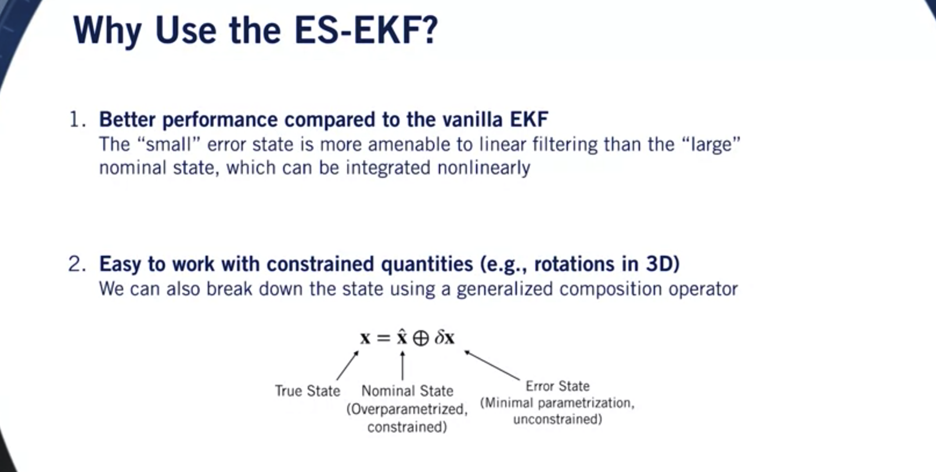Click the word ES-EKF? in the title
click(366, 30)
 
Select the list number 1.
click(76, 120)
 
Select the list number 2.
click(76, 264)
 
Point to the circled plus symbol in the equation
click(421, 338)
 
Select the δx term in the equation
click(445, 338)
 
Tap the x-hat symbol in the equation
click(402, 337)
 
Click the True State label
click(307, 391)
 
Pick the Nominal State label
click(407, 391)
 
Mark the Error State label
click(557, 386)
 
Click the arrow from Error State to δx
click(492, 366)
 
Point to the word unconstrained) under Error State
click(557, 419)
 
